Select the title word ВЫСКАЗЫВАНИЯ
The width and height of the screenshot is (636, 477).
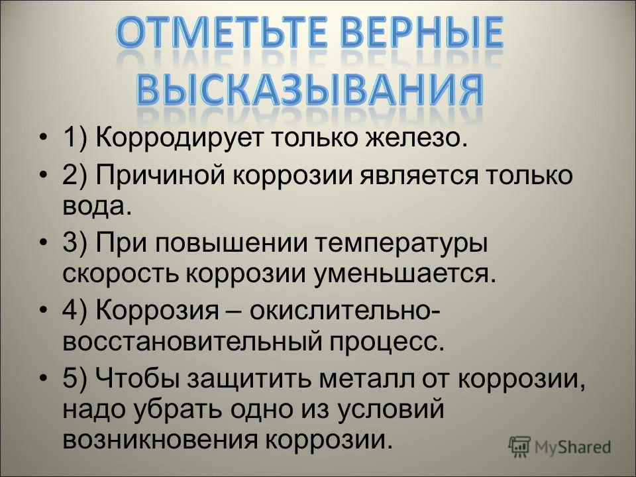[309, 89]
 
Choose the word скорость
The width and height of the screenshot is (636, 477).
[121, 274]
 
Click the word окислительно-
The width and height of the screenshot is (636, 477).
[345, 311]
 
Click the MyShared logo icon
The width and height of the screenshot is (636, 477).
[519, 447]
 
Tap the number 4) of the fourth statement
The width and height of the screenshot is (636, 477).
[75, 311]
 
